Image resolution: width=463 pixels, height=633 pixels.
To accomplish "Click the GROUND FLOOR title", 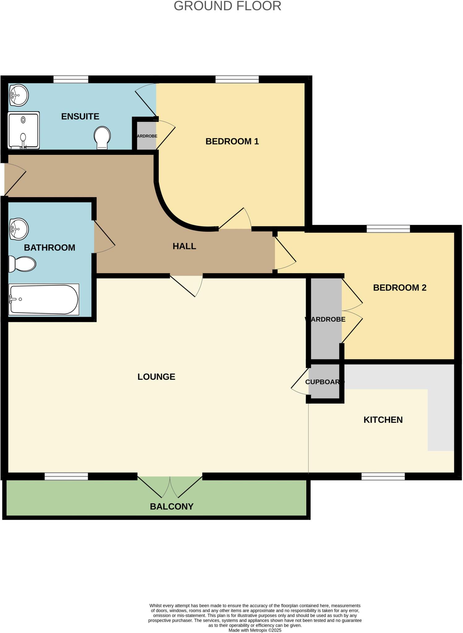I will click(227, 6).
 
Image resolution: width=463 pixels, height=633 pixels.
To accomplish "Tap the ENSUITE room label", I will click(80, 117).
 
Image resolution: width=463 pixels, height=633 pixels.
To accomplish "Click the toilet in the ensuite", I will click(102, 138).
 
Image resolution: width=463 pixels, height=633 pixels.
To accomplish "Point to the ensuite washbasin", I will click(19, 95).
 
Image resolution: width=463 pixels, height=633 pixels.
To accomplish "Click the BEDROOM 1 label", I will click(232, 141).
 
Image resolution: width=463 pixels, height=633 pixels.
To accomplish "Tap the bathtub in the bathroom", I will click(44, 299).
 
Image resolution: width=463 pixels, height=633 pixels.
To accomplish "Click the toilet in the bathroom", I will click(22, 264).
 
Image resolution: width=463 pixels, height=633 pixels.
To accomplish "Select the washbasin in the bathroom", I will click(19, 229).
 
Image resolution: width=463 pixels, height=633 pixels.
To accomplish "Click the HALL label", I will click(184, 246).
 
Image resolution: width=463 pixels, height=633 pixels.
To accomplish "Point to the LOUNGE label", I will click(156, 376).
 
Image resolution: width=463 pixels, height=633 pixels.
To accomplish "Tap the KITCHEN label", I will click(383, 420).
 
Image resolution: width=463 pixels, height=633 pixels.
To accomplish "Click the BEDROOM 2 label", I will click(400, 287).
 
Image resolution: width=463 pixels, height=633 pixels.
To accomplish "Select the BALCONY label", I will click(172, 506).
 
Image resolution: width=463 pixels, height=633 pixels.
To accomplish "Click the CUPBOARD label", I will click(324, 382).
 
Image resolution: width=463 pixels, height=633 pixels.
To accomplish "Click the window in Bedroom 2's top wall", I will click(388, 229).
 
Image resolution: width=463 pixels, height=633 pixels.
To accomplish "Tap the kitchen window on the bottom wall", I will click(383, 476).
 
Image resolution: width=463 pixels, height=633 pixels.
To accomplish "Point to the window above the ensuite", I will click(71, 79).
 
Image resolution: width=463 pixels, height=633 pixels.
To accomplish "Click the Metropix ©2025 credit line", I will click(255, 630).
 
